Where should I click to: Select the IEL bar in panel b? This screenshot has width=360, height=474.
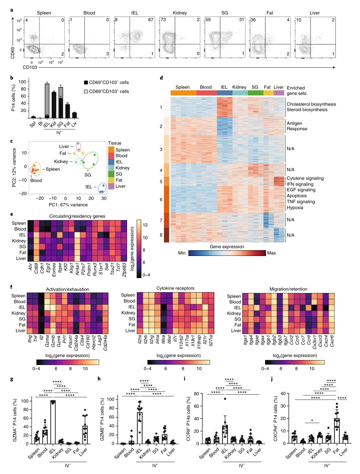pyautogui.click(x=47, y=100)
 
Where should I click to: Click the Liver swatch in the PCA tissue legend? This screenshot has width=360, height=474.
pyautogui.click(x=111, y=186)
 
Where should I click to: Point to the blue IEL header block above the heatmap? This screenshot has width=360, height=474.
pyautogui.click(x=224, y=92)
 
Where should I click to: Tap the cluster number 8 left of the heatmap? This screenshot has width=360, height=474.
pyautogui.click(x=166, y=234)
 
